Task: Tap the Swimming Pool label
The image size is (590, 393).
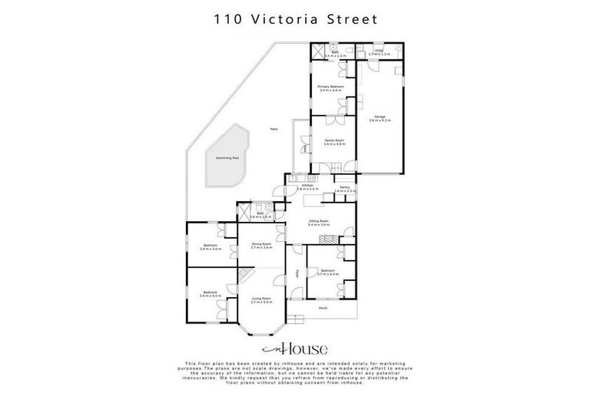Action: pyautogui.click(x=227, y=158)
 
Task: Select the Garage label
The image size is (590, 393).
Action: pyautogui.click(x=380, y=118)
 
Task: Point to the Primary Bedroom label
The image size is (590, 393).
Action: pyautogui.click(x=331, y=88)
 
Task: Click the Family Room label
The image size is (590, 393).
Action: pyautogui.click(x=333, y=142)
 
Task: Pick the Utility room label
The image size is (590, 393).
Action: pyautogui.click(x=379, y=52)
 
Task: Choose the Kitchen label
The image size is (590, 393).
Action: pyautogui.click(x=307, y=187)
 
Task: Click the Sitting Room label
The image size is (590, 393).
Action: pyautogui.click(x=318, y=223)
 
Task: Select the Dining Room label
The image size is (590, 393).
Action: pyautogui.click(x=262, y=246)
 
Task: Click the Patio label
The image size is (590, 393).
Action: pyautogui.click(x=273, y=129)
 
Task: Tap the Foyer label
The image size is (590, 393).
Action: pyautogui.click(x=297, y=273)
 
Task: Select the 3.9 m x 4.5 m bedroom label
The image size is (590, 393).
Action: pyautogui.click(x=210, y=292)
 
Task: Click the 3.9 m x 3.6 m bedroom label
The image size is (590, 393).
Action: pyautogui.click(x=210, y=247)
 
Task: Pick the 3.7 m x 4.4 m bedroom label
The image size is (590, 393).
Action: pyautogui.click(x=328, y=272)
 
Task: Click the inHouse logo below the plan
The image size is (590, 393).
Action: pyautogui.click(x=294, y=347)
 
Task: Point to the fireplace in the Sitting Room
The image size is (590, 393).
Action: pyautogui.click(x=327, y=239)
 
